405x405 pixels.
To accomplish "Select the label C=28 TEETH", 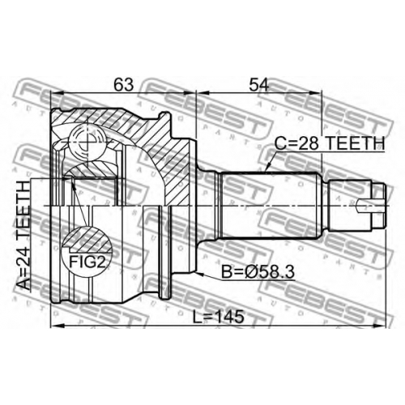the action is (x=330, y=143).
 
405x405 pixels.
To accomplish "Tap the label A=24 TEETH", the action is (x=23, y=236).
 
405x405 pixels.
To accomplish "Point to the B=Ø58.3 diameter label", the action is (x=258, y=272).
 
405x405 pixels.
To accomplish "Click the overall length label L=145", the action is (x=219, y=317).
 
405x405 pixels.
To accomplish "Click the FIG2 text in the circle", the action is (x=87, y=262).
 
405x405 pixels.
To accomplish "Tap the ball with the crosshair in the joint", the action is (x=87, y=141).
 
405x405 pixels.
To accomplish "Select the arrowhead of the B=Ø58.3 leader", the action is (x=199, y=274).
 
